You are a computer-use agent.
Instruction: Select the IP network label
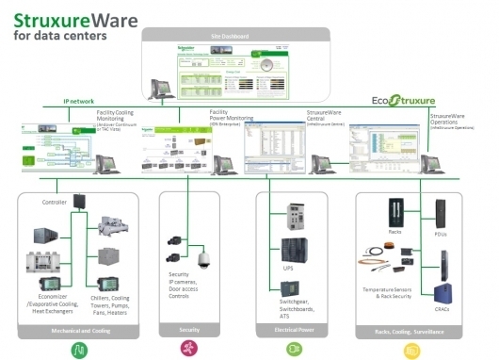[80, 101]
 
